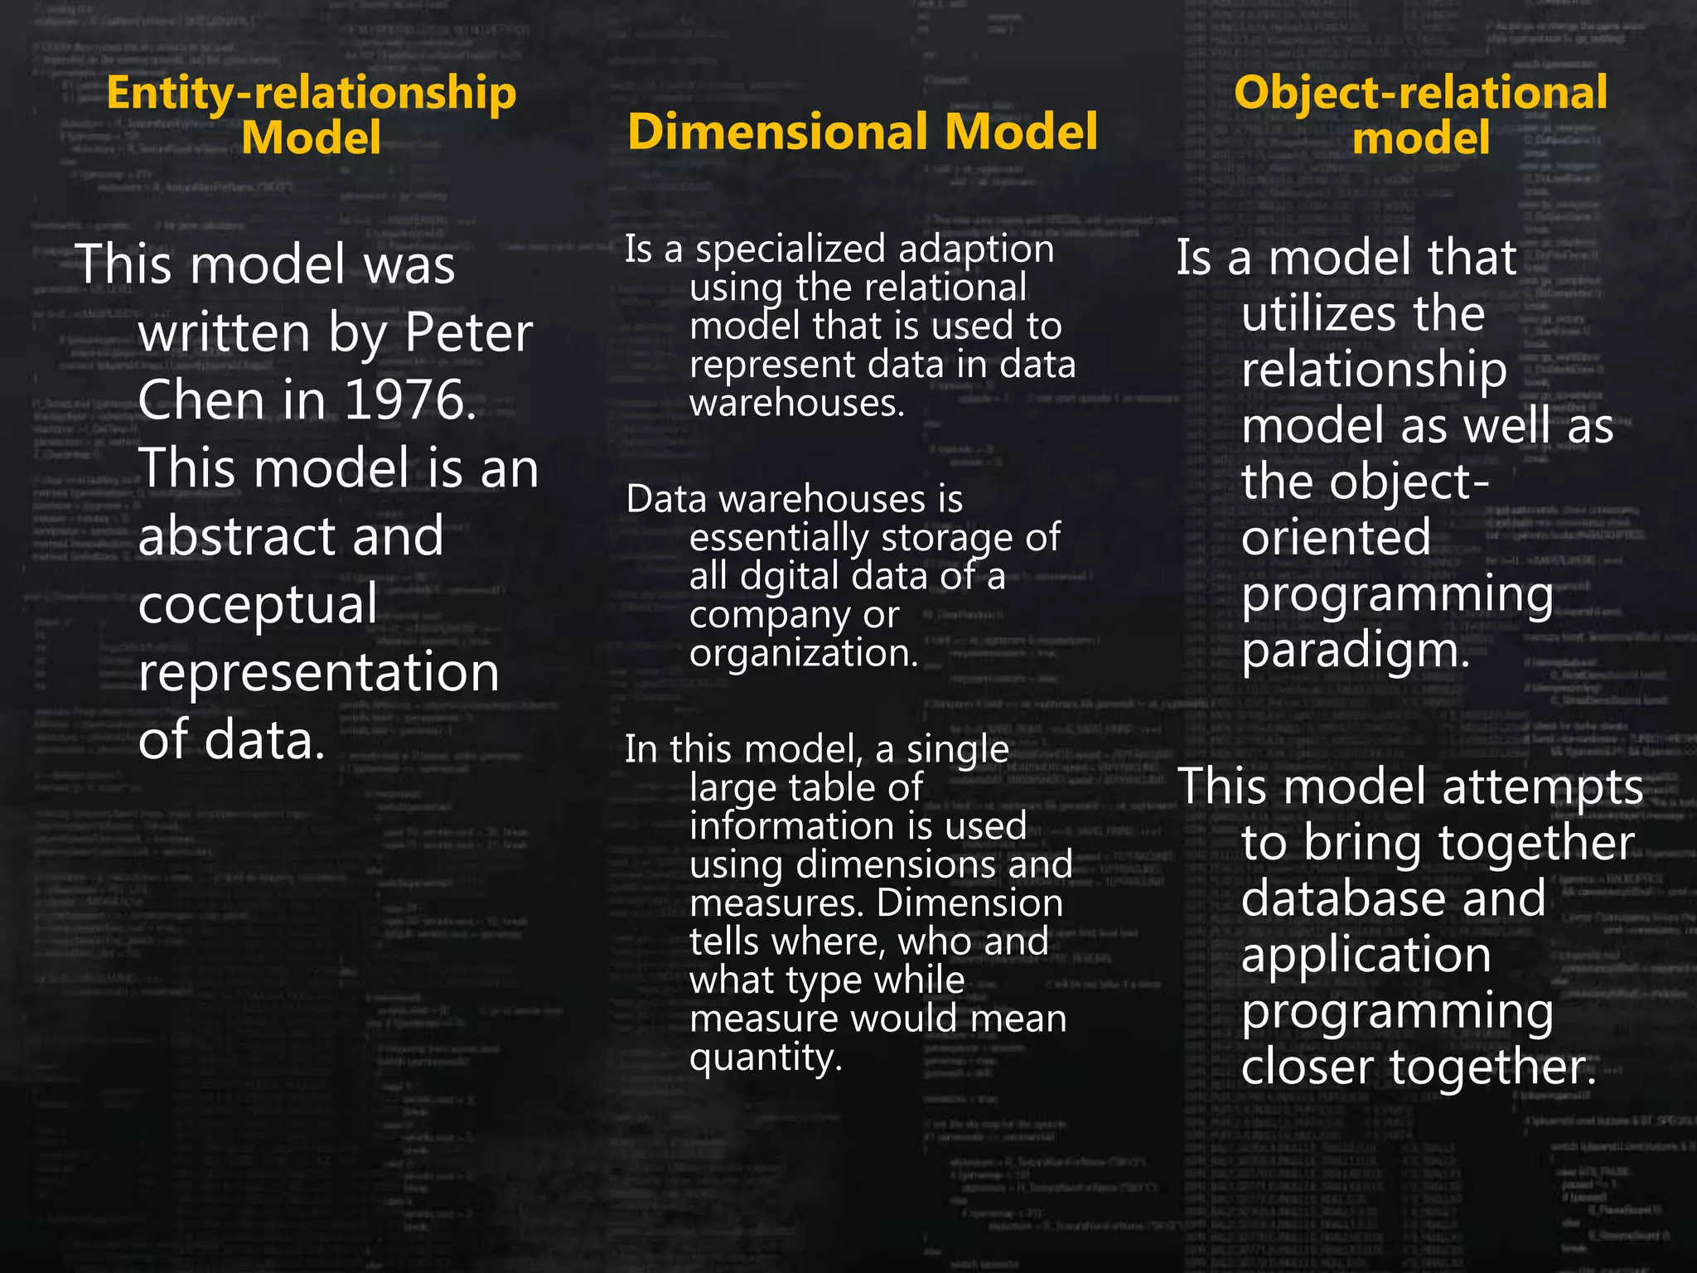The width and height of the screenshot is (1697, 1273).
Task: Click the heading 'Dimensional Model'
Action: tap(862, 133)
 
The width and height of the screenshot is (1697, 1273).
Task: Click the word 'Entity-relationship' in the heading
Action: tap(311, 93)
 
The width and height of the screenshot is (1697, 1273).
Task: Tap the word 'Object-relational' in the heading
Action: tap(1420, 93)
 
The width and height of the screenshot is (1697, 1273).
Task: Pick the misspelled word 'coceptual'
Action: tap(258, 604)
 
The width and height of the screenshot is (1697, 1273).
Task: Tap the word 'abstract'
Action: tap(238, 536)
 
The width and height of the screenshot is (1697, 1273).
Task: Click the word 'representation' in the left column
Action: tap(319, 671)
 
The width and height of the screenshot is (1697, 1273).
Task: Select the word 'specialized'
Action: tap(790, 249)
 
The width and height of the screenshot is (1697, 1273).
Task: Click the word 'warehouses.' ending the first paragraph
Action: tap(796, 404)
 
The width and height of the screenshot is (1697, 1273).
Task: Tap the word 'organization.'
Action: tap(804, 653)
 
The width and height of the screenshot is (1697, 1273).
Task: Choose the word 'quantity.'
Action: tap(766, 1058)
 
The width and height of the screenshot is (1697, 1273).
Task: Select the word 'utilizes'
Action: tap(1321, 313)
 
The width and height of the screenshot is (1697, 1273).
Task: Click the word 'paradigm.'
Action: tap(1356, 651)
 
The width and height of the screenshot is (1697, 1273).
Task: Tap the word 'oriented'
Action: tap(1336, 537)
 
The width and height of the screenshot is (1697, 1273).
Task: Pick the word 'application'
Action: tap(1366, 955)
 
